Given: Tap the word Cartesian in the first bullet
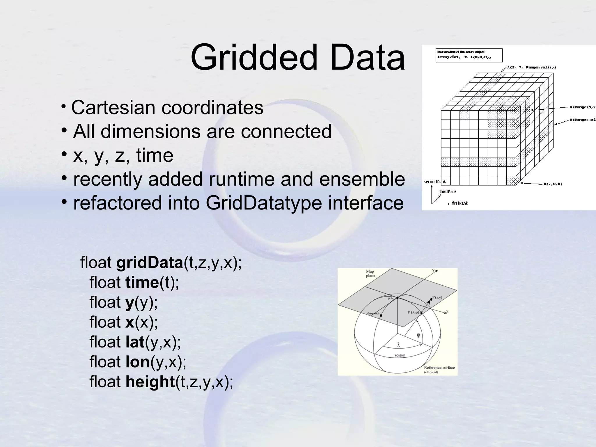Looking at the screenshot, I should click(x=113, y=108).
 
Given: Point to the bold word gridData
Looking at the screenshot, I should click(x=150, y=263).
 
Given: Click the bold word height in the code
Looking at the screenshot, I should click(x=150, y=382).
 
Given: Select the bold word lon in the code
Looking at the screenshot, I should click(x=137, y=362).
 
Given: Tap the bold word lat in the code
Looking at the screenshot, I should click(x=135, y=342).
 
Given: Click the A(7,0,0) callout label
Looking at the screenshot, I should click(x=553, y=184).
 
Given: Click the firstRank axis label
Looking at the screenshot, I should click(x=460, y=203).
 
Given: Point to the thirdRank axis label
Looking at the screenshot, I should click(x=448, y=191).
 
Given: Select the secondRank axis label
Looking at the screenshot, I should click(x=435, y=182).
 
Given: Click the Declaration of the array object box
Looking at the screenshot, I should click(x=469, y=55).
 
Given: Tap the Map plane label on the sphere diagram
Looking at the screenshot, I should click(x=370, y=274).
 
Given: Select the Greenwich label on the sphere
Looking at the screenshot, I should click(x=373, y=313).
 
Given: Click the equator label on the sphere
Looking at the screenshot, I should click(x=400, y=355).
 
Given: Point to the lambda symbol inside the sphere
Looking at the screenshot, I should click(x=398, y=345).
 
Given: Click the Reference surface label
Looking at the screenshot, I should click(x=439, y=368).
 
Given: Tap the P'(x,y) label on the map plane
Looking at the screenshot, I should click(x=437, y=297).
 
